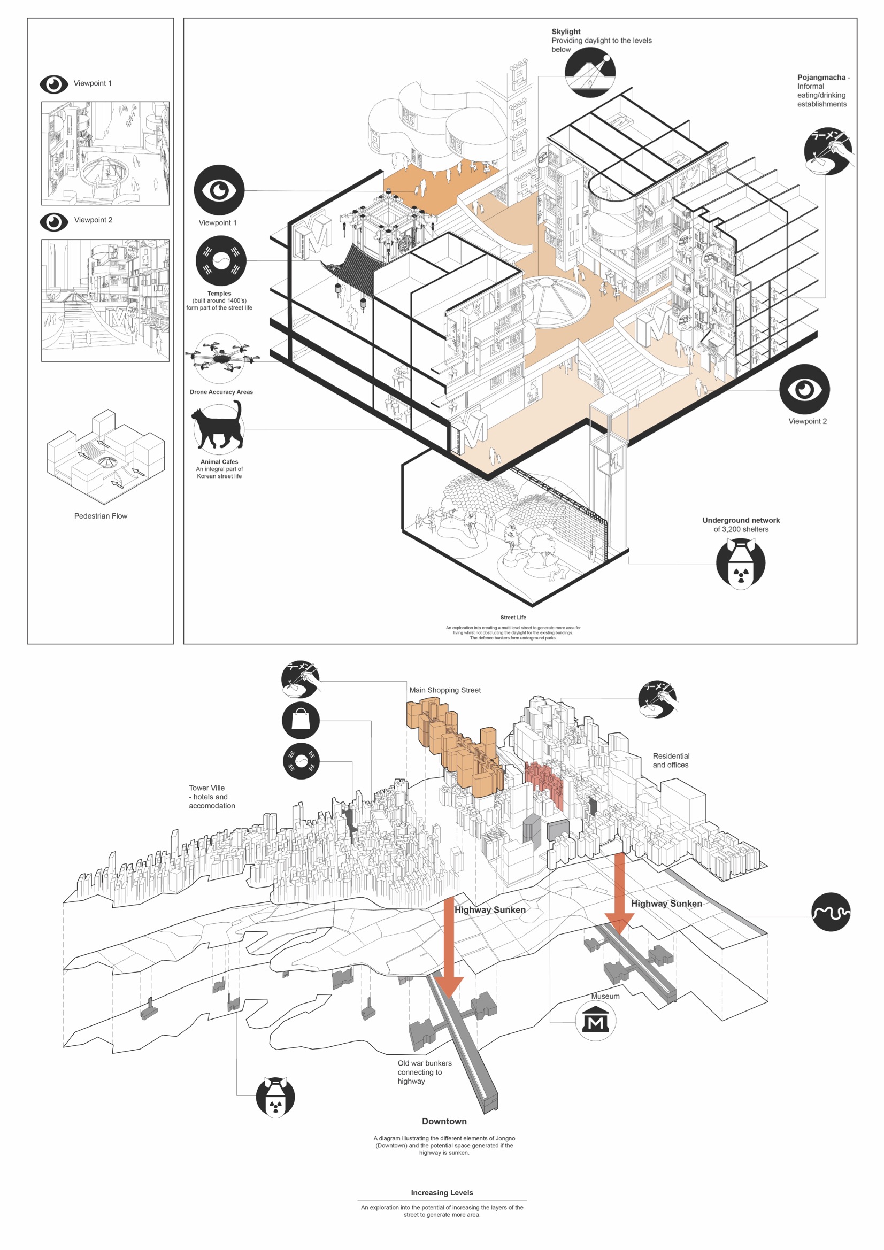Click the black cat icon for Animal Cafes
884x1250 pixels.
pos(218,427)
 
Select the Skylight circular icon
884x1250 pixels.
pos(590,72)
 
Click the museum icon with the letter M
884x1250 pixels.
pos(595,1021)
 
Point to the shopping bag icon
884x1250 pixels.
pos(301,720)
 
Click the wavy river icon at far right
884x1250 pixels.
pos(830,912)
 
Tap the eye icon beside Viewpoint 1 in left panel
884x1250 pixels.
pos(53,84)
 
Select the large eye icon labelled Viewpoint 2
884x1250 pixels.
pos(804,389)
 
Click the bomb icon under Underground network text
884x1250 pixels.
pos(740,564)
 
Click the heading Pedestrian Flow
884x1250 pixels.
pos(101,515)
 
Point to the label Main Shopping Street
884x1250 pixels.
pos(444,690)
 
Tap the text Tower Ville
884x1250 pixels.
pos(206,788)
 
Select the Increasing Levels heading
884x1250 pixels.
pos(442,1192)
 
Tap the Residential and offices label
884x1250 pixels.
pos(671,760)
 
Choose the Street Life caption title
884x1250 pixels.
pos(512,618)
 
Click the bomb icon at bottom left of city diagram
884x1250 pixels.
pos(275,1096)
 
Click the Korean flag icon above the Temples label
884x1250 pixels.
pos(220,261)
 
